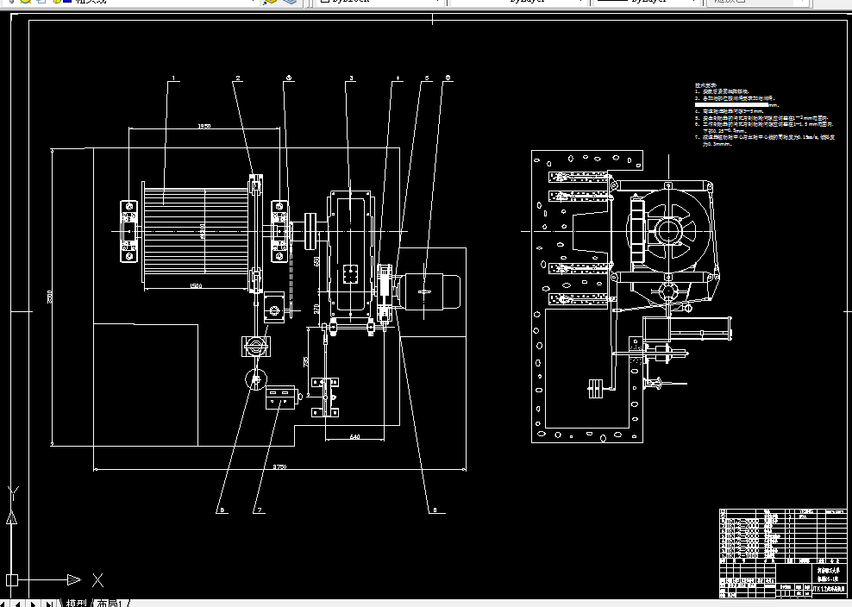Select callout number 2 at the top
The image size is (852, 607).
coord(237,79)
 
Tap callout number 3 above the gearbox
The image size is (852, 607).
coord(351,79)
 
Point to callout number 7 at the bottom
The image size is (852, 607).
coord(258,510)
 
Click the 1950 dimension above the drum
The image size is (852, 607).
coord(204,127)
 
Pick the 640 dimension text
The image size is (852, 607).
coord(354,437)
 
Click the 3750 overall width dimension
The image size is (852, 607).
coord(279,466)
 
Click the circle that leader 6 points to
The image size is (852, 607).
coord(255,379)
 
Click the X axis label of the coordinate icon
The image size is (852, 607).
coord(97,579)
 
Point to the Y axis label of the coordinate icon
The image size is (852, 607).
coord(12,492)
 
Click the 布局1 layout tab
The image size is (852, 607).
coord(112,602)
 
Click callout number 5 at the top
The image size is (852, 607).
coord(426,79)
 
